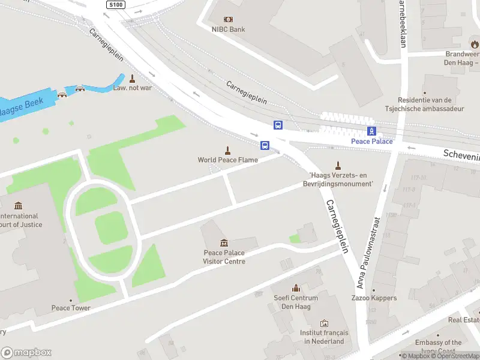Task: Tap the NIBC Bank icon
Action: [x=228, y=19]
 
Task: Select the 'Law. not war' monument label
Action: [x=132, y=88]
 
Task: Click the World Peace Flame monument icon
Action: [x=227, y=150]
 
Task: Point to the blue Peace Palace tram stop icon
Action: [x=372, y=131]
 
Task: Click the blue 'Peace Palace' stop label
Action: [x=372, y=142]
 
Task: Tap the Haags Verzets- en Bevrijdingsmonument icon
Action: [x=338, y=166]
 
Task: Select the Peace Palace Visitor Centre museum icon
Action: [x=224, y=242]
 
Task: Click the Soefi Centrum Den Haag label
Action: [x=296, y=302]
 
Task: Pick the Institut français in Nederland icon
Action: [x=324, y=323]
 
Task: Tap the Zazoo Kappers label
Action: [x=374, y=298]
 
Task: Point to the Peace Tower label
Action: [x=71, y=308]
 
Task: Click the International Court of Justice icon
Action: [x=18, y=206]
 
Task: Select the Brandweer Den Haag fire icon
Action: [x=475, y=44]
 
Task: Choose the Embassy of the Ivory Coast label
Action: [x=440, y=347]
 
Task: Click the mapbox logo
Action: [x=26, y=353]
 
